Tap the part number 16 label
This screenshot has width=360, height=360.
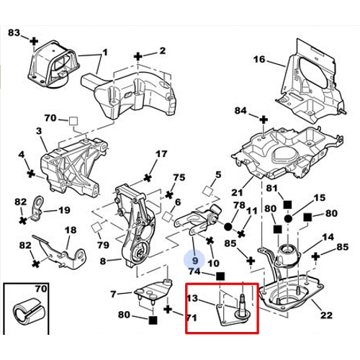click(x=259, y=59)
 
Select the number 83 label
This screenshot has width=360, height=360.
click(x=14, y=33)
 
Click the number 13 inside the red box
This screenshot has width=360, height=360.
click(x=192, y=300)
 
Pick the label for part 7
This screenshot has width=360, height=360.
click(x=113, y=294)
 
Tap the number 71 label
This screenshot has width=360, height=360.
click(x=192, y=317)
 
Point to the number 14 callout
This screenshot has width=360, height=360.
click(x=328, y=237)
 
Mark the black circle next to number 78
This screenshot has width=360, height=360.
click(x=228, y=225)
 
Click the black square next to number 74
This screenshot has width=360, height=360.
click(x=220, y=274)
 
